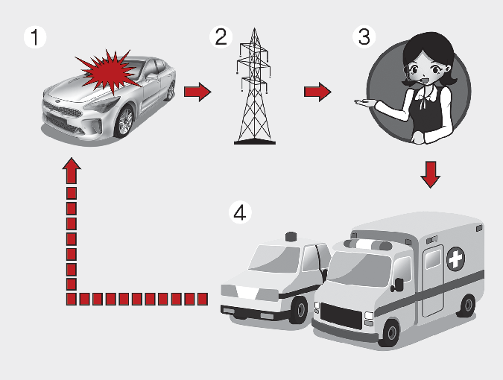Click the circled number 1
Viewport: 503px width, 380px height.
[35, 37]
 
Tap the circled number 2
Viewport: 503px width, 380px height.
[221, 37]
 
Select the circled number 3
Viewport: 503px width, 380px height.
[364, 37]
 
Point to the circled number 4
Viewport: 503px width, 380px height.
[240, 212]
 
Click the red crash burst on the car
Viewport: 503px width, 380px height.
[109, 72]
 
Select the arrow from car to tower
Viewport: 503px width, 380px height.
[197, 92]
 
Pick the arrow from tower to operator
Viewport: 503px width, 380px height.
[317, 92]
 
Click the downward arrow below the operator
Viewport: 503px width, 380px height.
[430, 174]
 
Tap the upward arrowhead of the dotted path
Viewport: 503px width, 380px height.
[72, 170]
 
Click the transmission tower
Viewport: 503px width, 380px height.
[255, 86]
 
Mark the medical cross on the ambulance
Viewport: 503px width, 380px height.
[455, 259]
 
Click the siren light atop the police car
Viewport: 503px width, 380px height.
[291, 236]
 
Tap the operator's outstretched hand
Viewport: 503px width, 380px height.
[364, 103]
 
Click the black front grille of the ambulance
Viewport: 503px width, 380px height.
[341, 316]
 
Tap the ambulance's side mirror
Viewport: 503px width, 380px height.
[399, 285]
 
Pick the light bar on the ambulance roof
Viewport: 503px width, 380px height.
[368, 244]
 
